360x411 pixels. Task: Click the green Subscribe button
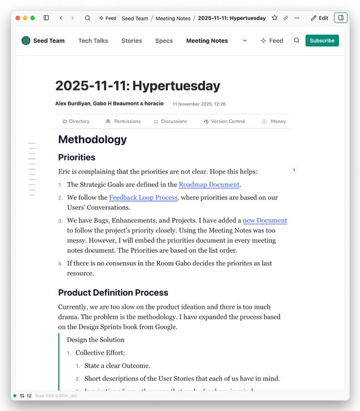pos(322,40)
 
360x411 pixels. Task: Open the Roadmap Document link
pos(209,184)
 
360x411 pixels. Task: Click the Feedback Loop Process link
pos(143,197)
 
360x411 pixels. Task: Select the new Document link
pos(265,220)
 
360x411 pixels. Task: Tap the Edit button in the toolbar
pos(320,18)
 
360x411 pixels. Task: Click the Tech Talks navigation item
pos(93,40)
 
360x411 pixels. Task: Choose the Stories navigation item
pos(132,40)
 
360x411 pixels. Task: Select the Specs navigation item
pos(164,40)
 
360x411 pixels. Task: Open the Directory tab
pos(76,121)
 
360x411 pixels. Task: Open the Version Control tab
pos(224,121)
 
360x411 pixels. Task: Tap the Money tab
pos(274,121)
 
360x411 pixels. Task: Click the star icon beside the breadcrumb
pos(275,18)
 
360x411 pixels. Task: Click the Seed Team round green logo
pos(25,40)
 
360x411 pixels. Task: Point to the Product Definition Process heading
pos(113,292)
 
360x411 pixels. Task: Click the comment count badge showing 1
pos(294,170)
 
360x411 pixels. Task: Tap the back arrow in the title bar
pos(61,18)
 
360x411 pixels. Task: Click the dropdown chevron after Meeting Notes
pos(245,40)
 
